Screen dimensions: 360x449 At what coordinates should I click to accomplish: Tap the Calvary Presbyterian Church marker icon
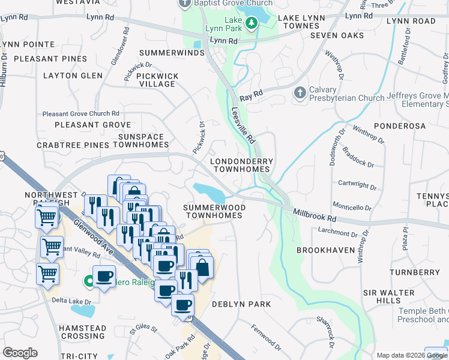tap(299, 93)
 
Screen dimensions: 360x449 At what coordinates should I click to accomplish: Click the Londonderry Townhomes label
tap(241, 165)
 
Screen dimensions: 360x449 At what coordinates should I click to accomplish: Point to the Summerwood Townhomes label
tap(214, 211)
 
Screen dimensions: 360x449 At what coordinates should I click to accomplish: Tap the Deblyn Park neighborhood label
tap(241, 304)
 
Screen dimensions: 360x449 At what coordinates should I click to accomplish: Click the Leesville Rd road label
tap(244, 125)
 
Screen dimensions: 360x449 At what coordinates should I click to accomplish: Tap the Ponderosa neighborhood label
tap(399, 126)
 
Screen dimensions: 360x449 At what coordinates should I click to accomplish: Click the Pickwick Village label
tap(158, 80)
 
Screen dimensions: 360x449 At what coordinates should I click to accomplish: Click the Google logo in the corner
tap(20, 353)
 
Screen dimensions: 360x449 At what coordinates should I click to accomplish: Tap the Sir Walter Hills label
tap(389, 296)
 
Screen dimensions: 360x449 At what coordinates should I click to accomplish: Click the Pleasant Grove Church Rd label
tap(80, 113)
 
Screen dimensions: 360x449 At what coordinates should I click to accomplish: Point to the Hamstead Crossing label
tap(74, 332)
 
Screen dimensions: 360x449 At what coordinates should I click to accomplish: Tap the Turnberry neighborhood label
tap(414, 272)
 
